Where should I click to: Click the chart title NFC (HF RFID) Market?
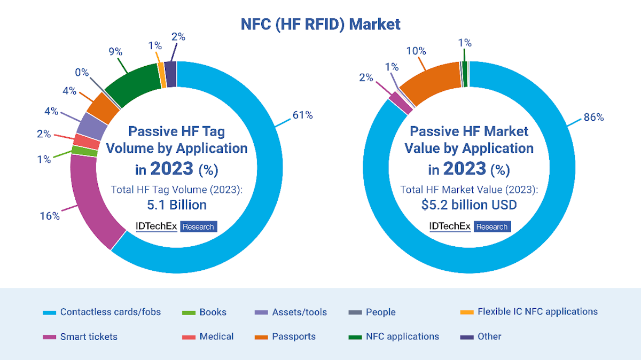coord(320,24)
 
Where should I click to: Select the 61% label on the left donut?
coord(302,115)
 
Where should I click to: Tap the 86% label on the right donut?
coord(593,118)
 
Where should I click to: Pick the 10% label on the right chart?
coord(416,51)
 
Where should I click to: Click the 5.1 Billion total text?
coord(176,205)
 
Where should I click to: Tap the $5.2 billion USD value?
coord(468,205)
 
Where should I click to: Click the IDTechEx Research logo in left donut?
coord(176,226)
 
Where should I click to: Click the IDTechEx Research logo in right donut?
coord(470,226)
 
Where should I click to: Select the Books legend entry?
coord(213,312)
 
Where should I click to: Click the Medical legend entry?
coord(216,336)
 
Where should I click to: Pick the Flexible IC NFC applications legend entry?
coord(537,311)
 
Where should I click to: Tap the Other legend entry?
coord(489,336)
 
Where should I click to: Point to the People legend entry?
coord(380,312)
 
